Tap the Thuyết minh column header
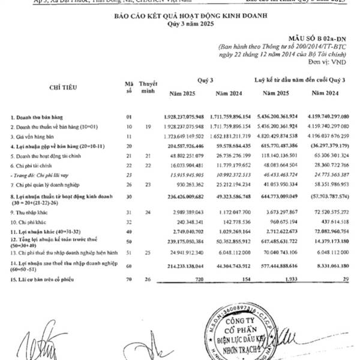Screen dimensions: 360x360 coord(148,87)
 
